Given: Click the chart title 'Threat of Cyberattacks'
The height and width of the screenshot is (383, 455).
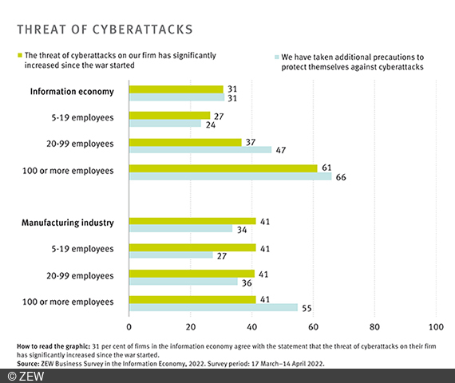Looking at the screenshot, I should [105, 30].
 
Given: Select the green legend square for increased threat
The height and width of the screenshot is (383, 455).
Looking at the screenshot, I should [20, 56].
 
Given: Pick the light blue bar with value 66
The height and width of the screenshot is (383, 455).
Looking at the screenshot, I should [230, 177].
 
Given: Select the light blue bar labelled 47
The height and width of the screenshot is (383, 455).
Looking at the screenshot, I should [200, 150].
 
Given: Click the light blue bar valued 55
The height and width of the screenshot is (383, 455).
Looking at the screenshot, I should [213, 307].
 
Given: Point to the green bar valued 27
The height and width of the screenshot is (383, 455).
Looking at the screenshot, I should [169, 115].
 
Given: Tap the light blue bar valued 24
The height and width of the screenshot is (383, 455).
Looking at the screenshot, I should [165, 124].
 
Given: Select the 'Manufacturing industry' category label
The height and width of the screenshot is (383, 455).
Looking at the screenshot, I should [69, 222].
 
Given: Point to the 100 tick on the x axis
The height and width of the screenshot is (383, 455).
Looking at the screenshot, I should [436, 327].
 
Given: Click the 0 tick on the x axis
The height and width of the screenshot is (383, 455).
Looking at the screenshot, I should [129, 327].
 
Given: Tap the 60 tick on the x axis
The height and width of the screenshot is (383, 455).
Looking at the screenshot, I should [314, 327].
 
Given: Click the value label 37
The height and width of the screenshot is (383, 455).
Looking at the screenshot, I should [251, 141].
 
